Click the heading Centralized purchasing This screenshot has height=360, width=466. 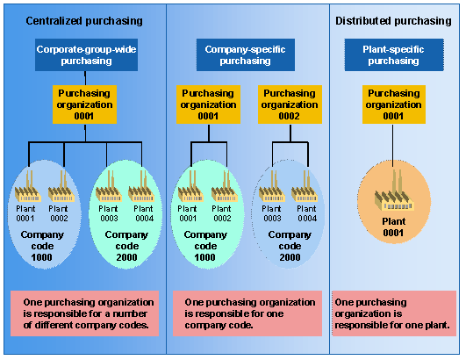(83, 20)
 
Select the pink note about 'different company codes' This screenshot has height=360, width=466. (85, 313)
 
